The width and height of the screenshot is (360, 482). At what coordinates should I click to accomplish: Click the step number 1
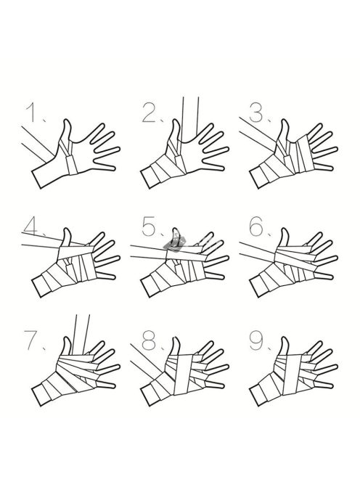[33, 113]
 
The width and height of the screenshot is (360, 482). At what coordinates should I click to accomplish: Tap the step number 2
[150, 113]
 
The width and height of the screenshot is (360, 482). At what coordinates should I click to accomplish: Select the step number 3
[257, 113]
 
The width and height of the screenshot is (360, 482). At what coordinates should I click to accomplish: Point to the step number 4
[32, 226]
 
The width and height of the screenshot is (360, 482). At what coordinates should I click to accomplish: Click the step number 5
[150, 226]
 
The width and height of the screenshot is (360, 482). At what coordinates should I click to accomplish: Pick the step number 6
[257, 226]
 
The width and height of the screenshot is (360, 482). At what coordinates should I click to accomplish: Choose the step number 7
[32, 340]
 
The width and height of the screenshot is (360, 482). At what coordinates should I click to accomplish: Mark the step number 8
[150, 340]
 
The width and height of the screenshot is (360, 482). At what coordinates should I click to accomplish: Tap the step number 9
[257, 340]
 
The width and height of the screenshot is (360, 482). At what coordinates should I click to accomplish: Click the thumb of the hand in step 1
[66, 131]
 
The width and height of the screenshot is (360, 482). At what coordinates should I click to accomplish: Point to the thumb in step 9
[285, 347]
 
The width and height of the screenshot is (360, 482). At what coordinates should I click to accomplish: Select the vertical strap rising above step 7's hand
[81, 335]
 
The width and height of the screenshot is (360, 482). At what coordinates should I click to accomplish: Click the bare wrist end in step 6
[258, 287]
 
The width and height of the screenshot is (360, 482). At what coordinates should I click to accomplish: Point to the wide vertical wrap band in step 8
[184, 375]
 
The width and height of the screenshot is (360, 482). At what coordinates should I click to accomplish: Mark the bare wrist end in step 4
[41, 287]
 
